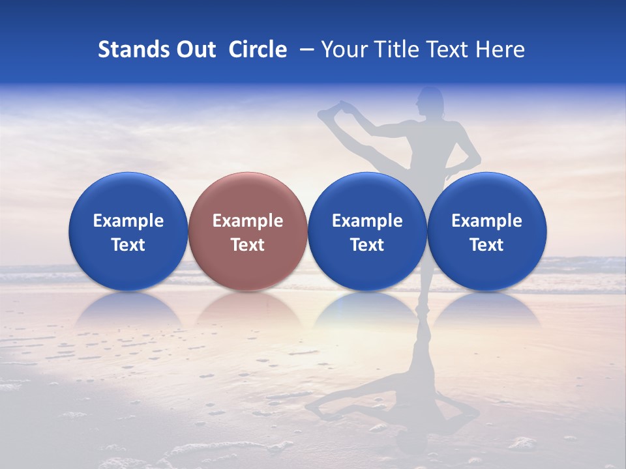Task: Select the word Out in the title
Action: [194, 50]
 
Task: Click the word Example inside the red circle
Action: [248, 221]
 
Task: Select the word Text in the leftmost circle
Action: [128, 245]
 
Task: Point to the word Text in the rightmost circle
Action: [487, 245]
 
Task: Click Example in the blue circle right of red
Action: [367, 221]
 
